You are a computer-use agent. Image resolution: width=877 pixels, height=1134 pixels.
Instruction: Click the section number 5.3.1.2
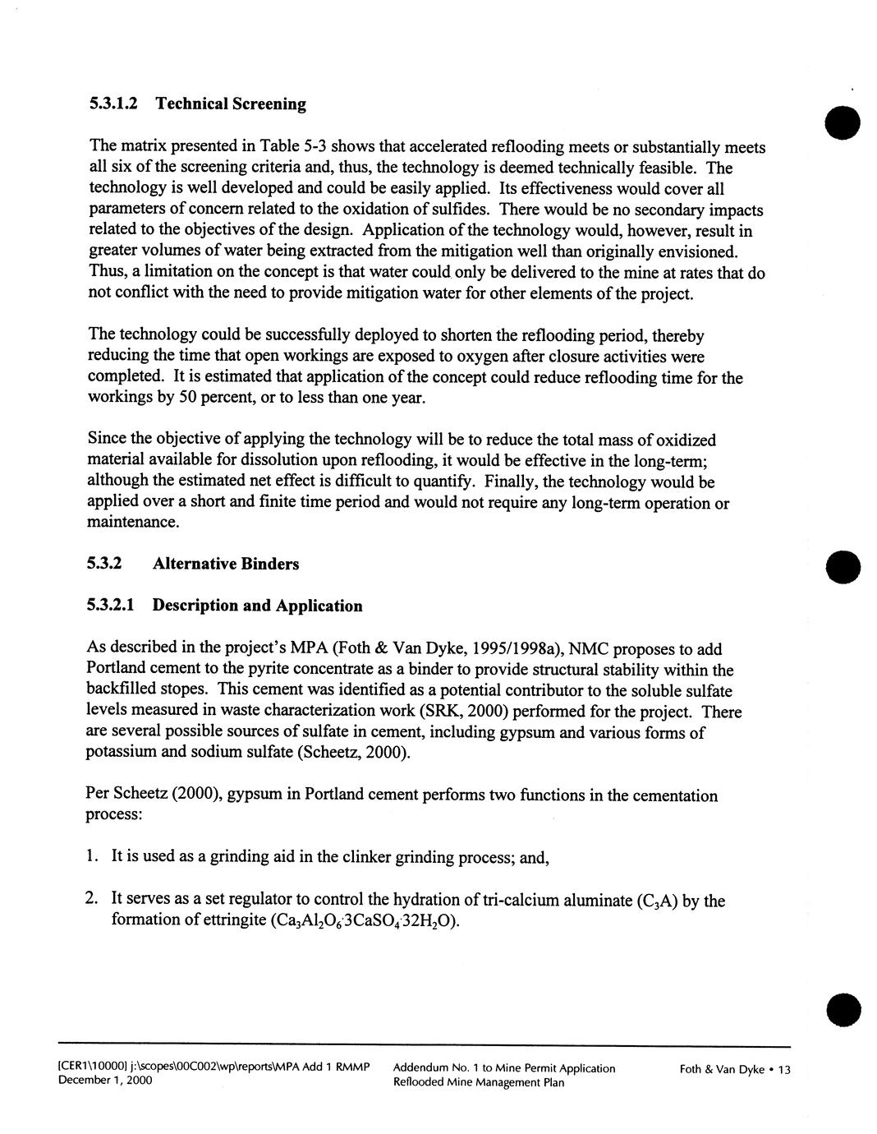(114, 104)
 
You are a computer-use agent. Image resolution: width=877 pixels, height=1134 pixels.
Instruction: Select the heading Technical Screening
(231, 104)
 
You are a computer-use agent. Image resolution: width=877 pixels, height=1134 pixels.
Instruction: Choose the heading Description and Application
(257, 606)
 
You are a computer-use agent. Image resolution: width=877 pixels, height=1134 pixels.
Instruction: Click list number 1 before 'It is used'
(91, 858)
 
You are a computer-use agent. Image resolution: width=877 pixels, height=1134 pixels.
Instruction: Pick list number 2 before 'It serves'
(91, 901)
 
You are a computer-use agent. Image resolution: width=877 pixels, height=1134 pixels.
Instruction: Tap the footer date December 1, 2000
(104, 1081)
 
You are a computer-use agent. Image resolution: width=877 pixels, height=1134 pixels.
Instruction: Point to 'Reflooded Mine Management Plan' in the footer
(478, 1083)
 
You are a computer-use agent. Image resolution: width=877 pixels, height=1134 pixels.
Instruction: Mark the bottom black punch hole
(843, 1010)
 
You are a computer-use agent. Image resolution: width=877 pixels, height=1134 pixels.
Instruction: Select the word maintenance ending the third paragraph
(132, 523)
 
